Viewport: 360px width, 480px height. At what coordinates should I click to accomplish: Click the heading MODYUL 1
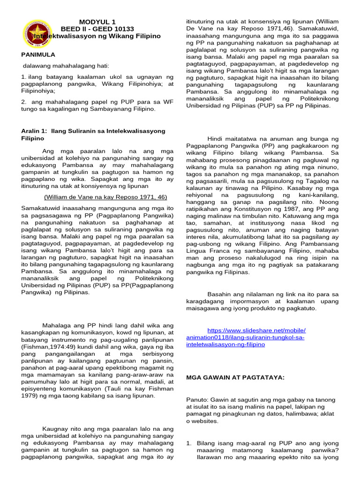[x=97, y=22]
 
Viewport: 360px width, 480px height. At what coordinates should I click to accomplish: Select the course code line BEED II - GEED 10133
[x=97, y=29]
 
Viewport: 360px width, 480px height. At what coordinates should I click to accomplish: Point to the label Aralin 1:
[x=34, y=131]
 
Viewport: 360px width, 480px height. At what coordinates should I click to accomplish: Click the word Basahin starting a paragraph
[x=221, y=294]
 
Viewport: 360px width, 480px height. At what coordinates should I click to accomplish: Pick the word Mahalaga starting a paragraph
[x=56, y=325]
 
